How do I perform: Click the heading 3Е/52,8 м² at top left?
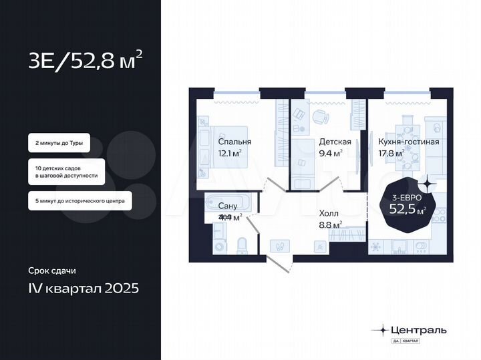(84, 61)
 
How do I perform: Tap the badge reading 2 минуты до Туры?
(59, 143)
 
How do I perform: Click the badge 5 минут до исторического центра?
(79, 200)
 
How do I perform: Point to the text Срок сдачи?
(51, 271)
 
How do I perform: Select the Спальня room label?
(235, 142)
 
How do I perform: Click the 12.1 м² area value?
(230, 153)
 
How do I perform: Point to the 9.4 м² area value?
(331, 153)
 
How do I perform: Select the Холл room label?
(330, 214)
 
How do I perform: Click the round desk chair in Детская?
(321, 116)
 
